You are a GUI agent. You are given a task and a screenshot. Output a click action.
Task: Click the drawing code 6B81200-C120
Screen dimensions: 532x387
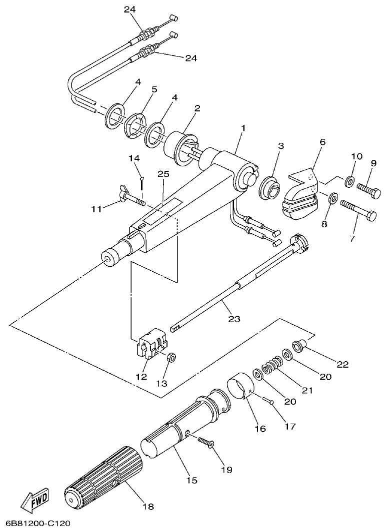pos(38,524)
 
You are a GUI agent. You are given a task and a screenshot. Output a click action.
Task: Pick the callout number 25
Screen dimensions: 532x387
pos(163,174)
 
